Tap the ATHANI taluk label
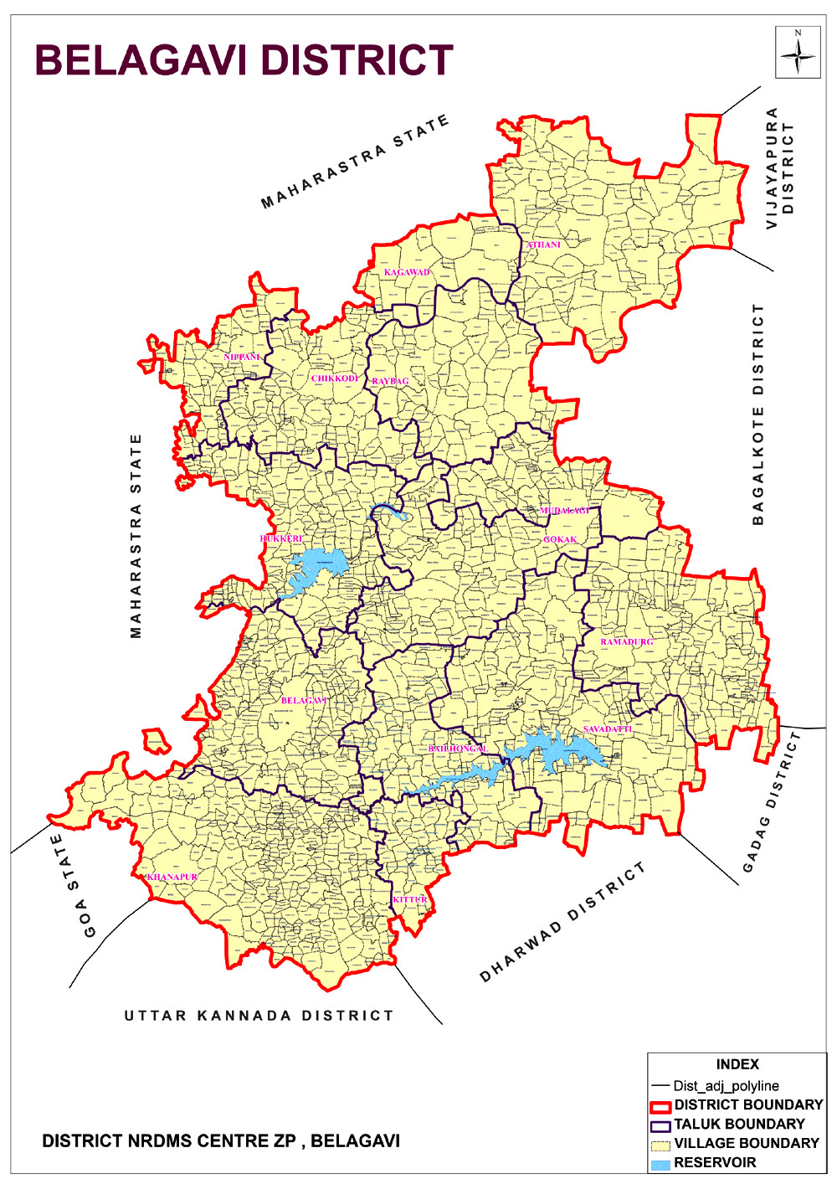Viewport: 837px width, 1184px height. (x=544, y=245)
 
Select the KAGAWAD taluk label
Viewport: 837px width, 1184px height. (x=407, y=272)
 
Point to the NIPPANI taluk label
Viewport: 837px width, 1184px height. (x=242, y=357)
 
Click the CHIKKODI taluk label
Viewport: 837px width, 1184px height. (x=335, y=378)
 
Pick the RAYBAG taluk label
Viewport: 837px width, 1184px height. (x=390, y=381)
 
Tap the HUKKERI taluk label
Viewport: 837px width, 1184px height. (x=281, y=538)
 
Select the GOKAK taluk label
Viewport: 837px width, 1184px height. (x=560, y=539)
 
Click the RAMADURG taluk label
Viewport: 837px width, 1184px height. (x=626, y=641)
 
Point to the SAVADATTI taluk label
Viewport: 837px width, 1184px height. (x=608, y=729)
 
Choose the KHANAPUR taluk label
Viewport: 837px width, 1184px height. (x=172, y=877)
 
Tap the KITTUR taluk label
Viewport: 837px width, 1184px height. (x=410, y=899)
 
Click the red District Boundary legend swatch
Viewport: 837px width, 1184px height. (x=660, y=1106)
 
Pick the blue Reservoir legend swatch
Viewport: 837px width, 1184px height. (x=660, y=1163)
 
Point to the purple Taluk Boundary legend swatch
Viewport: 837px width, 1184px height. (x=660, y=1125)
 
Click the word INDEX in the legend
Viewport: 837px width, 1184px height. (x=737, y=1064)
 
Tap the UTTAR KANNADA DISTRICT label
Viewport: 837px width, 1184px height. (x=259, y=1016)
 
